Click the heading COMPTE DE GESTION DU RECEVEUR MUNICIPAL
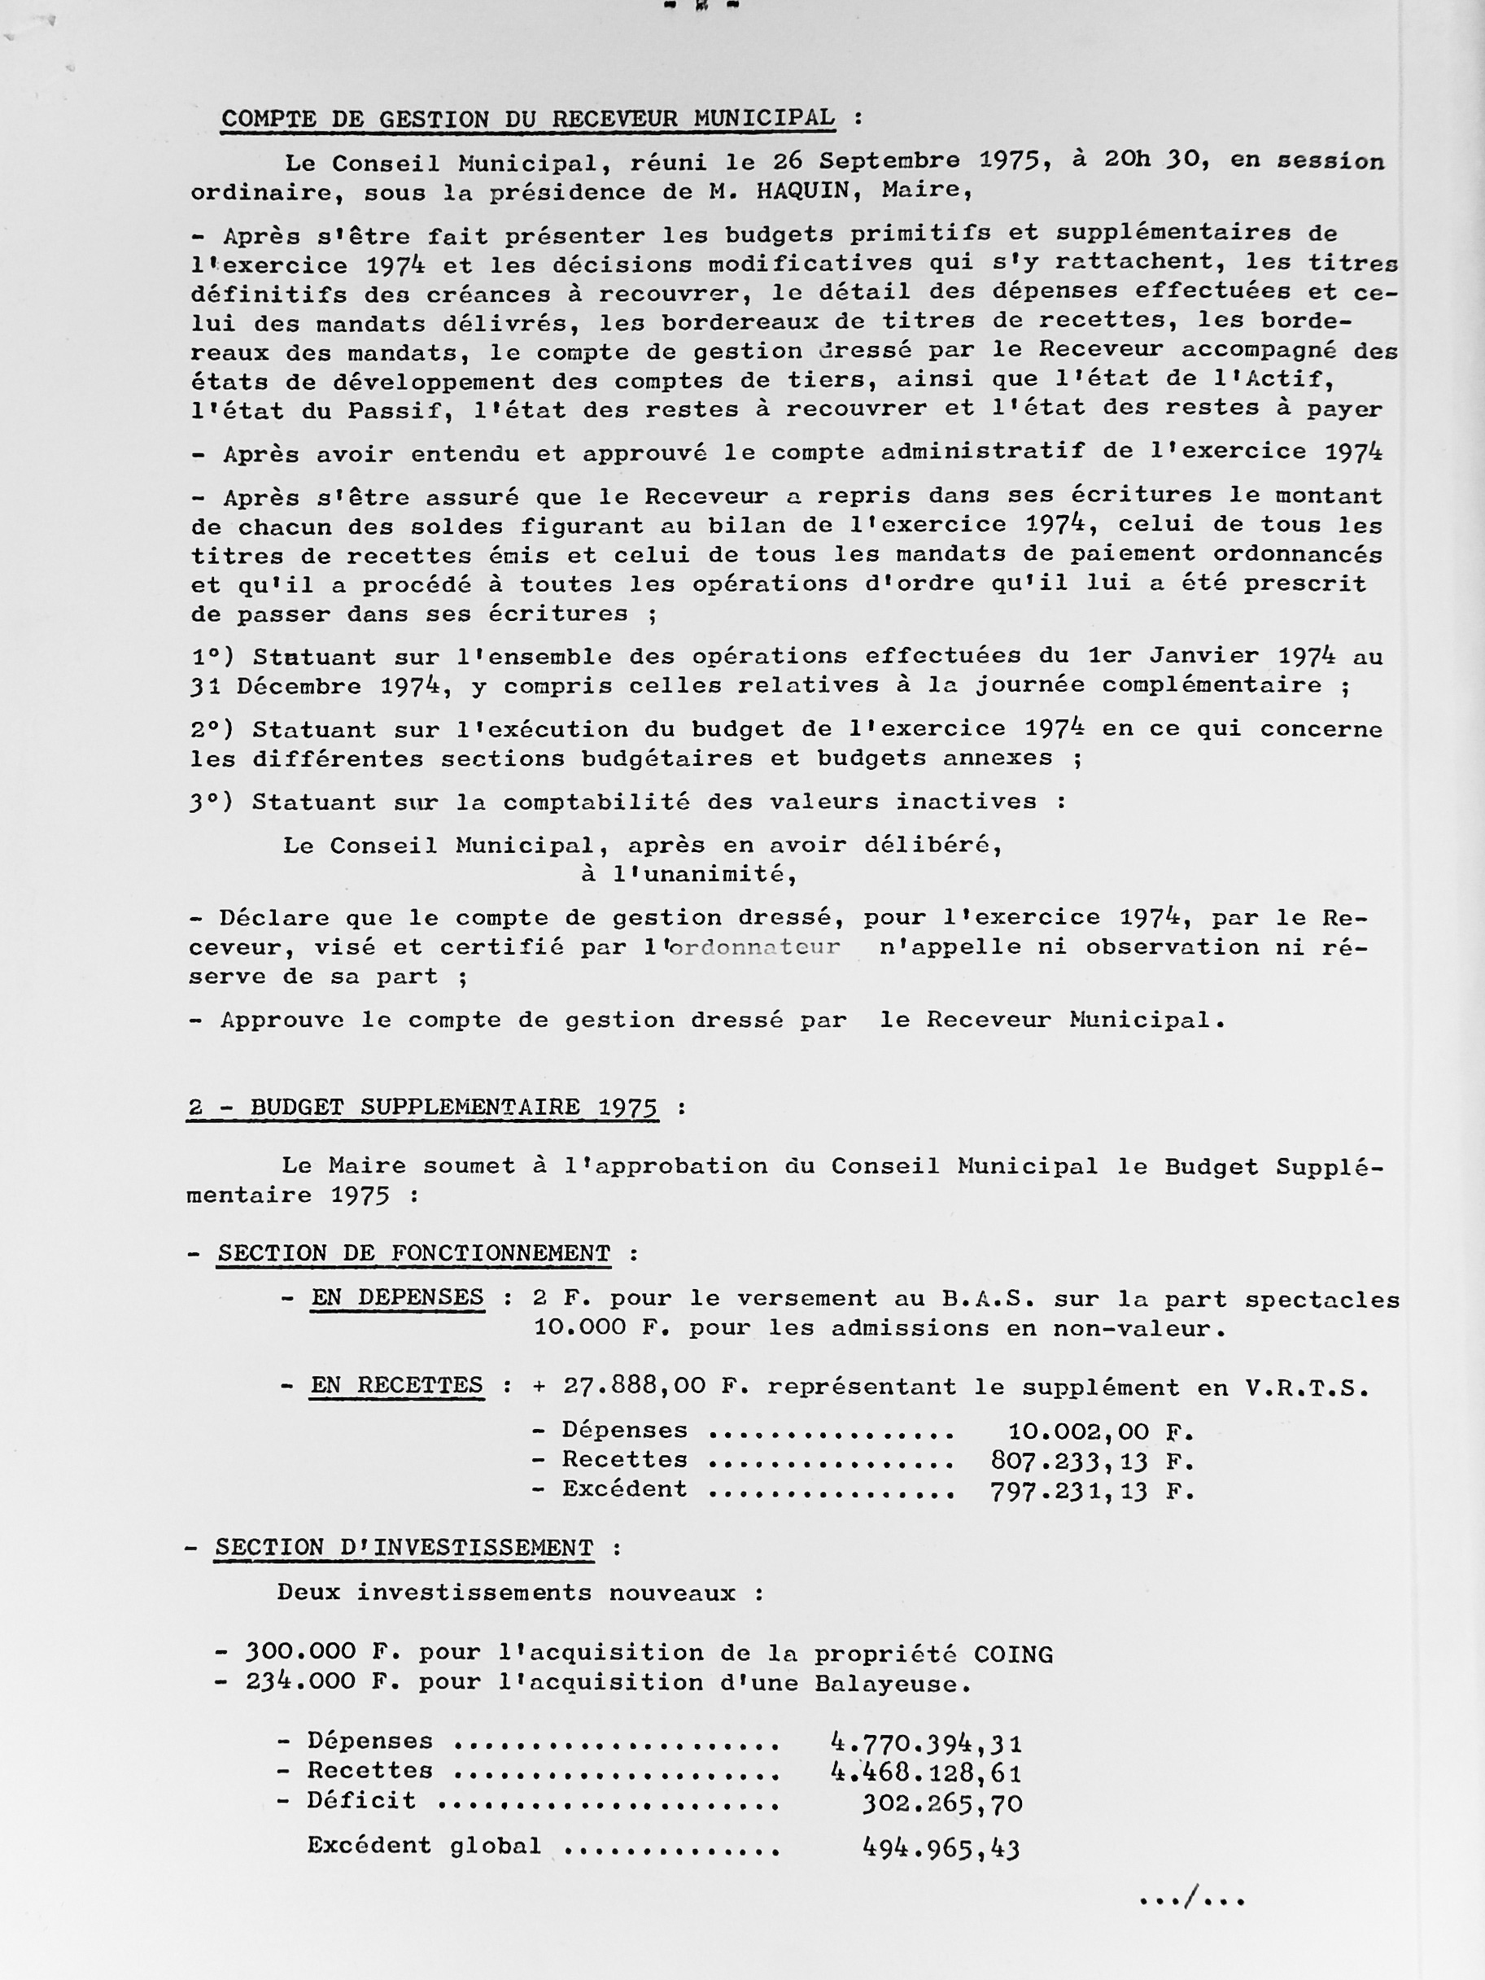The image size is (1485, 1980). tap(528, 119)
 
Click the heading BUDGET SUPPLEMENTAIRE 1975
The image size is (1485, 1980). tap(422, 1108)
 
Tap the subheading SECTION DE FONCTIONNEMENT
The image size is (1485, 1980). tap(413, 1253)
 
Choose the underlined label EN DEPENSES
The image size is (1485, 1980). tap(397, 1297)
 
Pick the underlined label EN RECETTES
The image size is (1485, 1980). tap(396, 1386)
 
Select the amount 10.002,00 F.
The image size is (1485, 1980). tap(1101, 1431)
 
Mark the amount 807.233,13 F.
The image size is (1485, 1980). tap(1092, 1462)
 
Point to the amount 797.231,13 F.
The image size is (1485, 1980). tap(1092, 1491)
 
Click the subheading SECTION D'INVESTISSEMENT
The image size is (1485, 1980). tap(404, 1548)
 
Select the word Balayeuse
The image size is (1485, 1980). tap(892, 1684)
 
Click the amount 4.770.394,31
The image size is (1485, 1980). tap(927, 1743)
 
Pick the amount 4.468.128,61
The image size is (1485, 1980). tap(927, 1772)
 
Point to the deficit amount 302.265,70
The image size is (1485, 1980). tap(941, 1803)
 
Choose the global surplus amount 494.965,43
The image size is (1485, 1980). tap(941, 1847)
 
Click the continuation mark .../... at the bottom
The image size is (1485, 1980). tap(1192, 1899)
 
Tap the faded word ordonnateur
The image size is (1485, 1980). tap(753, 947)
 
